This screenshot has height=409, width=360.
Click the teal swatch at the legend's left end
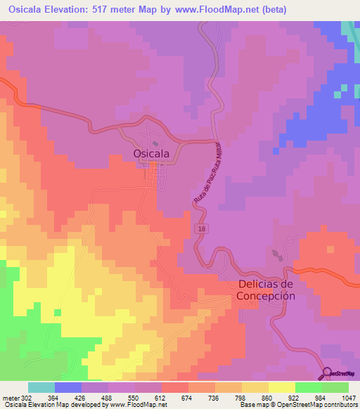click(41, 388)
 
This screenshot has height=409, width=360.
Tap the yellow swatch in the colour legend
click(281, 388)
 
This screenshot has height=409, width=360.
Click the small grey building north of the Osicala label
click(155, 143)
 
